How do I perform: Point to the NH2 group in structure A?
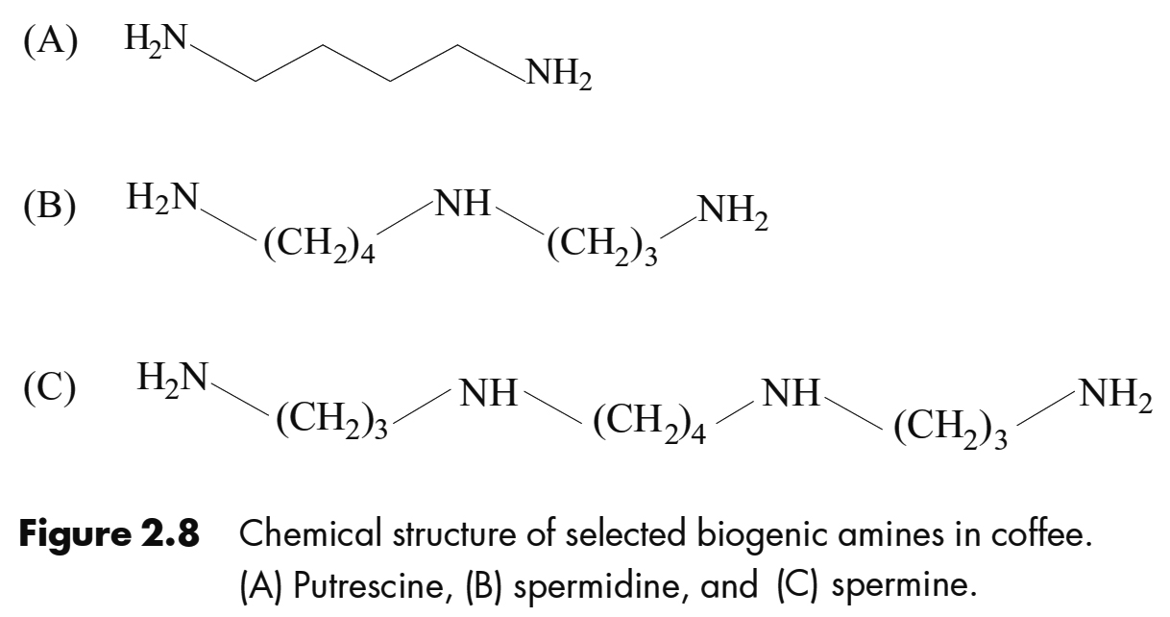(x=555, y=74)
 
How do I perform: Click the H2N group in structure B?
(x=161, y=200)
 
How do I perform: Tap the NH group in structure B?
(x=462, y=203)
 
